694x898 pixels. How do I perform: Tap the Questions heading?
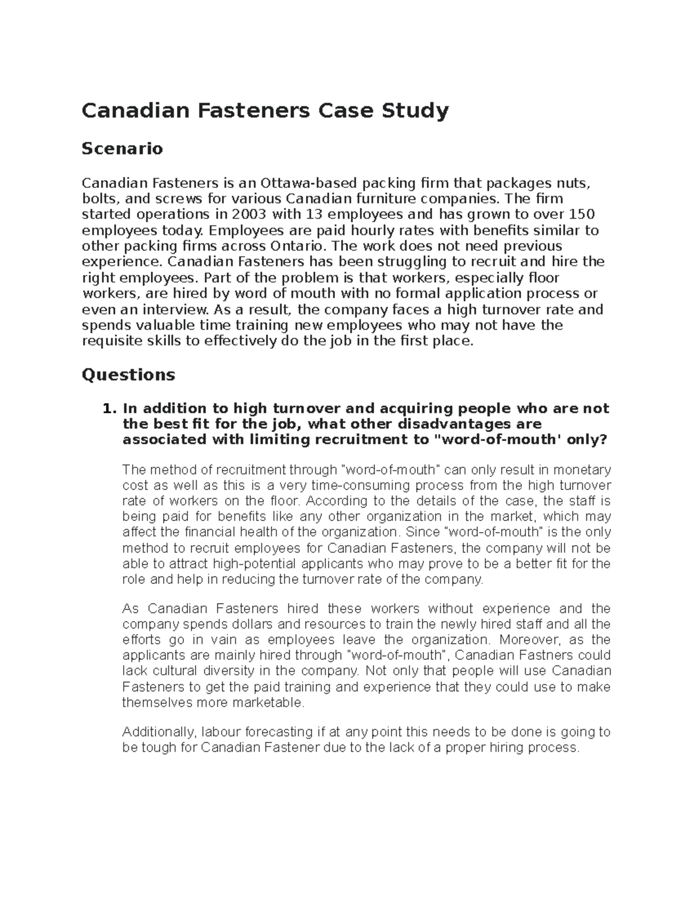click(128, 375)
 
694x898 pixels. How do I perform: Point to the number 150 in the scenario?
click(582, 215)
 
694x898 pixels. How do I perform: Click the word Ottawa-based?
click(309, 184)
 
